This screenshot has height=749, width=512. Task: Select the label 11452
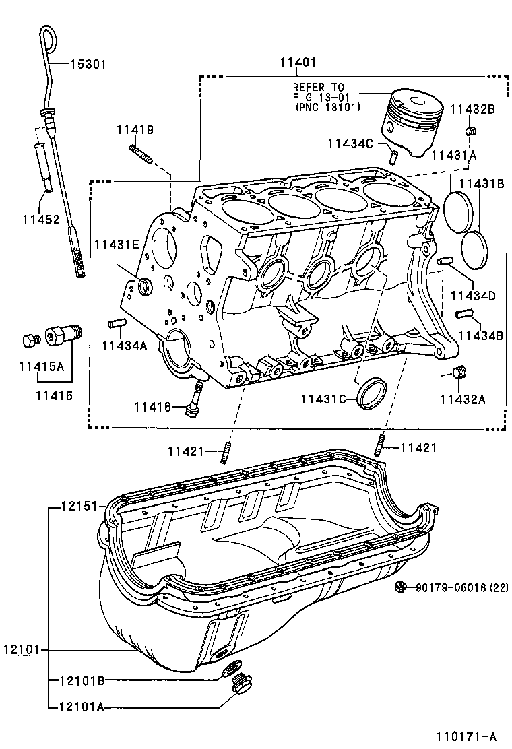pyautogui.click(x=41, y=219)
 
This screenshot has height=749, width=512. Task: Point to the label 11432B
pyautogui.click(x=472, y=108)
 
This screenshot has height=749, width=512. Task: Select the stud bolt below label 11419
pyautogui.click(x=141, y=154)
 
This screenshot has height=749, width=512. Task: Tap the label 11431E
pyautogui.click(x=116, y=245)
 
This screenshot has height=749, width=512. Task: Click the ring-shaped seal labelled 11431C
pyautogui.click(x=372, y=393)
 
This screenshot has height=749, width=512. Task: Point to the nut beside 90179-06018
pyautogui.click(x=402, y=587)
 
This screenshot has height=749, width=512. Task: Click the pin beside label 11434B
pyautogui.click(x=462, y=313)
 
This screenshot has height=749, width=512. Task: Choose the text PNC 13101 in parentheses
pyautogui.click(x=327, y=107)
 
